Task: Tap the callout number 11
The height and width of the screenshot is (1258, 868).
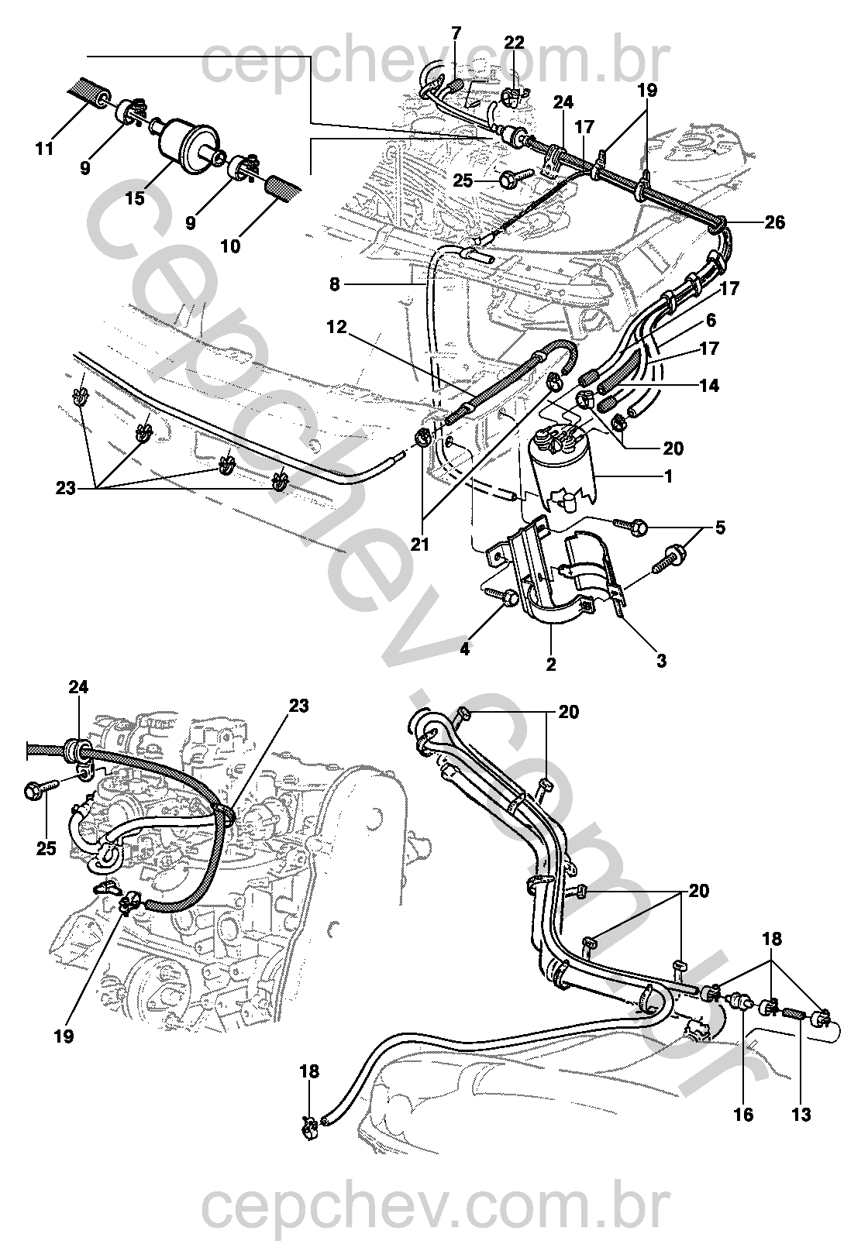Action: [45, 148]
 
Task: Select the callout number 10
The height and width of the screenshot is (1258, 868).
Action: [229, 247]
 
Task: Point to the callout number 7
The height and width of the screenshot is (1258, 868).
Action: [456, 33]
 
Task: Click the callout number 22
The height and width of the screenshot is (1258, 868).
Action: [514, 43]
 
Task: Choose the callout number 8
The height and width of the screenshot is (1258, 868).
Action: [334, 284]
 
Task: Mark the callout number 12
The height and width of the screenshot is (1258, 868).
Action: [336, 327]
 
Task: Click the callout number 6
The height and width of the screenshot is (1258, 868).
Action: [711, 319]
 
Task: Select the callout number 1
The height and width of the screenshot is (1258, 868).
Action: [668, 476]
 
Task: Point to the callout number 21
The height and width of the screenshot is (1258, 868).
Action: [419, 545]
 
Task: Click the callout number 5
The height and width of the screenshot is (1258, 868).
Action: [720, 528]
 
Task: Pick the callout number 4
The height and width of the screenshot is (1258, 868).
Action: [464, 649]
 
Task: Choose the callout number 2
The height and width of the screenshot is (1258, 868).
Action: [551, 664]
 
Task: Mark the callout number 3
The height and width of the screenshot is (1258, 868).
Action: [660, 661]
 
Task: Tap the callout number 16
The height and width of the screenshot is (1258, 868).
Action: [743, 1115]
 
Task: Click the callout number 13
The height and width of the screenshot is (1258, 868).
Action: [801, 1115]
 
